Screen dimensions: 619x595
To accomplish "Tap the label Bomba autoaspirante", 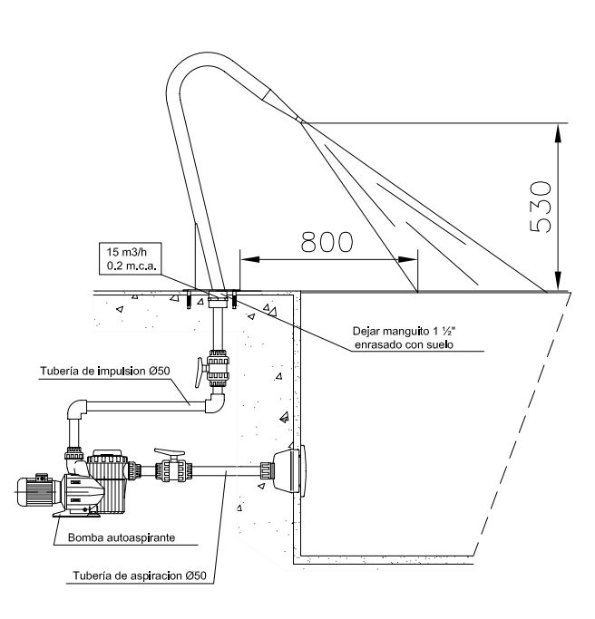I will pyautogui.click(x=122, y=537).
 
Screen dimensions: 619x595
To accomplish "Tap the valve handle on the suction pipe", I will pyautogui.click(x=169, y=450).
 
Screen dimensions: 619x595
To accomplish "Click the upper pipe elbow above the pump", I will pyautogui.click(x=75, y=412).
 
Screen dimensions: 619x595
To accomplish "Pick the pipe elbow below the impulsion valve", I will pyautogui.click(x=215, y=403).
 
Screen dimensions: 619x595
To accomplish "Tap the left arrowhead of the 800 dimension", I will pyautogui.click(x=244, y=259).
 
